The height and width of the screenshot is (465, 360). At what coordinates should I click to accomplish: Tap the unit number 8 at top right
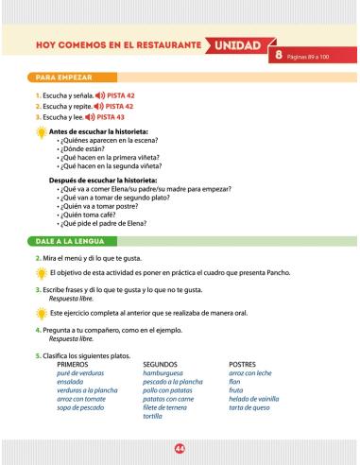tap(281, 59)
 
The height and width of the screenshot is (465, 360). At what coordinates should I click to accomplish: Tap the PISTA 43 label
tap(128, 116)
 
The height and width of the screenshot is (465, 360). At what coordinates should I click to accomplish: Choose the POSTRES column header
tap(245, 362)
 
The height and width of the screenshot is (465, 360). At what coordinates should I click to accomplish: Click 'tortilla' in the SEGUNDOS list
tap(153, 415)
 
